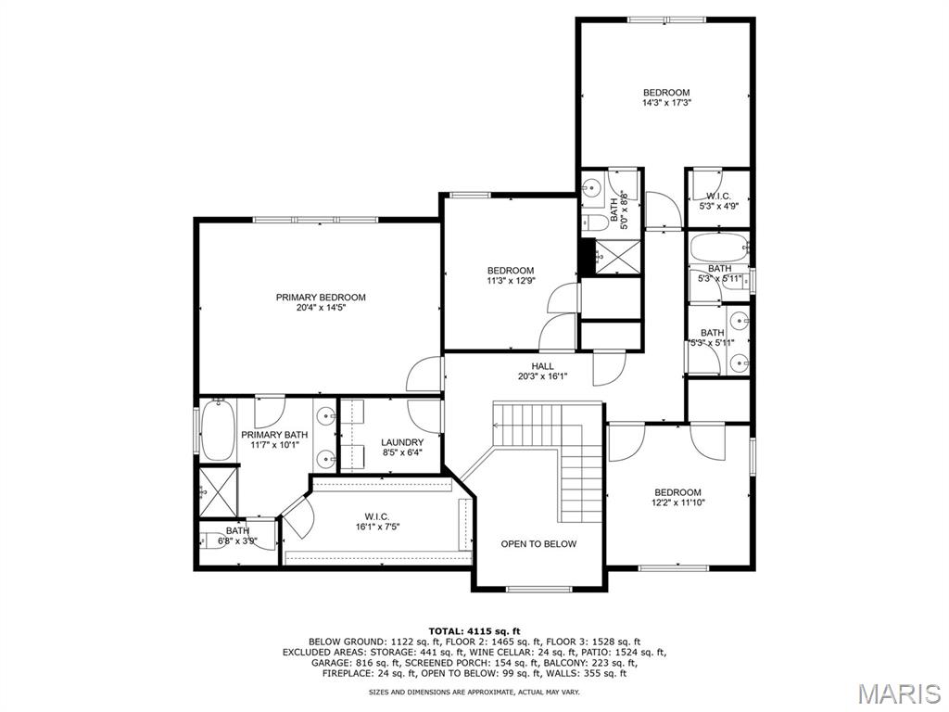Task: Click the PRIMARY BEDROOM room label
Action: [321, 298]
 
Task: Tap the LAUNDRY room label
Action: [402, 442]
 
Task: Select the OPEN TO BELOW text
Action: [538, 543]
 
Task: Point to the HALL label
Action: [543, 366]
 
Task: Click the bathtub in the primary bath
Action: [218, 429]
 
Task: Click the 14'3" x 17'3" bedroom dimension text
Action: [666, 103]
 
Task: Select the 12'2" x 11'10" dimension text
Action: [677, 502]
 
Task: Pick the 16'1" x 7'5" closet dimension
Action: [377, 527]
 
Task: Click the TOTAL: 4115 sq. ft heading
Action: [474, 631]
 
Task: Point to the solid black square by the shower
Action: [587, 258]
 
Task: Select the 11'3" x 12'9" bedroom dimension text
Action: [512, 281]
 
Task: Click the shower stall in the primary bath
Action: [219, 491]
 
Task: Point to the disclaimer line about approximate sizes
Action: [474, 692]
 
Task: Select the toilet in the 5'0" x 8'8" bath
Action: [595, 222]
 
